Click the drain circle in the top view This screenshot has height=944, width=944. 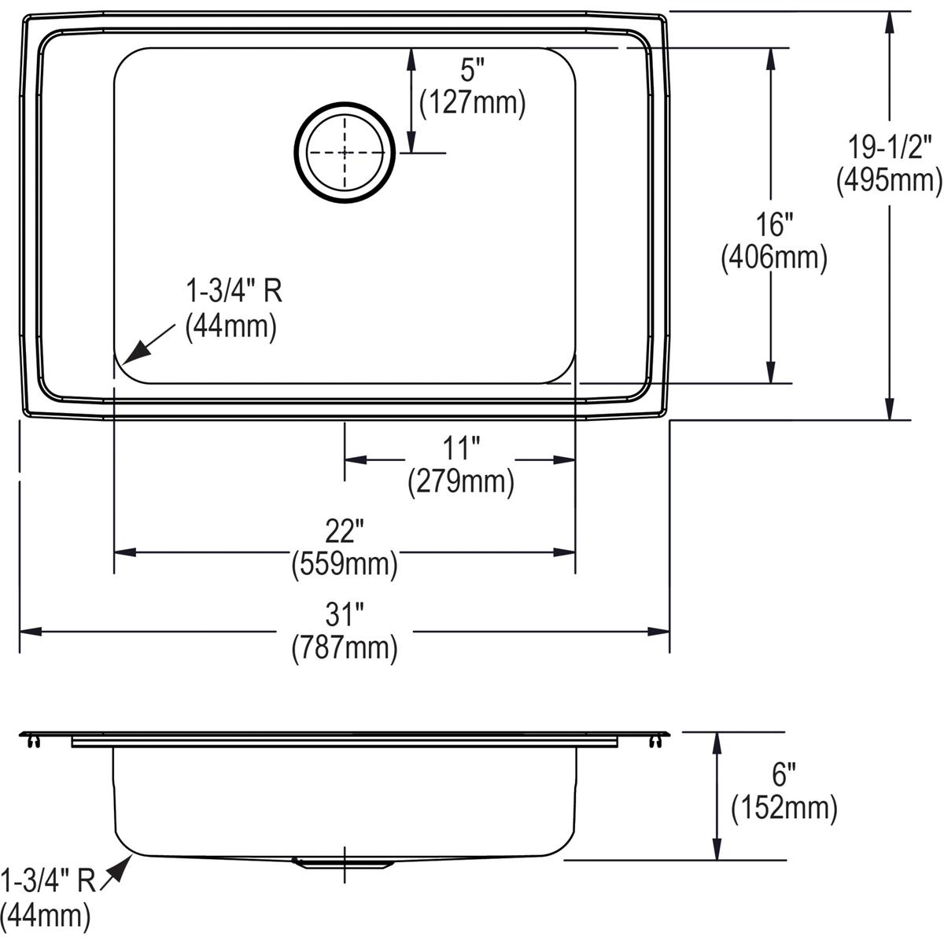(343, 151)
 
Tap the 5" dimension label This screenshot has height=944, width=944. (469, 72)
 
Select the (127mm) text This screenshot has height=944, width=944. (472, 103)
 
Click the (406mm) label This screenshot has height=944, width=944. (774, 258)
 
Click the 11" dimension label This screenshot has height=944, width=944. (461, 449)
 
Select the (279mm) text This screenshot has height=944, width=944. (461, 481)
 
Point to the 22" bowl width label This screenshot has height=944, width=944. (344, 533)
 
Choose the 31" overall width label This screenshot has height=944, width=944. (344, 616)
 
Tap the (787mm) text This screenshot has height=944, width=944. (344, 647)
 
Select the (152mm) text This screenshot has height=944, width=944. (784, 808)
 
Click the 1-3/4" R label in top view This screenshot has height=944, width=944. (233, 293)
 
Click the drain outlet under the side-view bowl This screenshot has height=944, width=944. (343, 863)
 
